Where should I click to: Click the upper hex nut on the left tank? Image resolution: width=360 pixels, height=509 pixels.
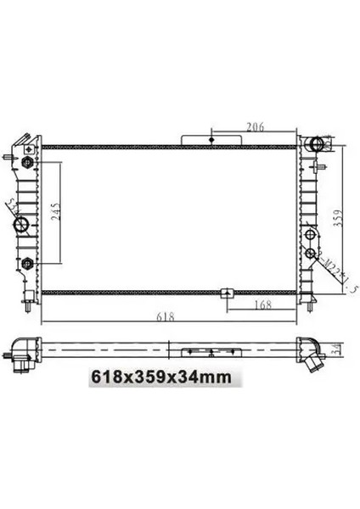pyautogui.click(x=28, y=161)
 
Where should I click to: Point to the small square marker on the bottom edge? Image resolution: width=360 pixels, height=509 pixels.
pyautogui.click(x=227, y=294)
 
